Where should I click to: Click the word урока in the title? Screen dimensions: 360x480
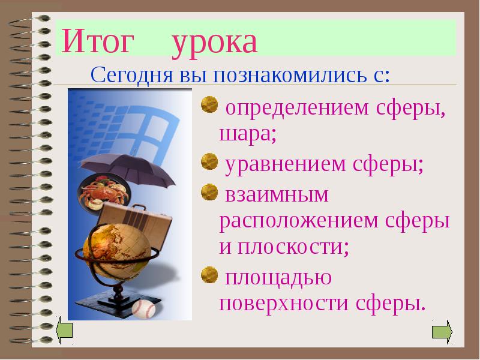click(214, 43)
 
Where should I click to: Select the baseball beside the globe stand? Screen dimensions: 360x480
click(143, 309)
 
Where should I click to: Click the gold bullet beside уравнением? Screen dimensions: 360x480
click(209, 160)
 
